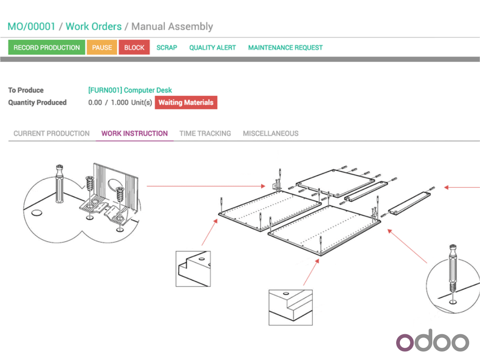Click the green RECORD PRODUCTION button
pos(47,47)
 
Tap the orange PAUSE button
pos(102,47)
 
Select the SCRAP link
pos(167,47)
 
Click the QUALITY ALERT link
pos(213,47)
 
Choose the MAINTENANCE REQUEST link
pos(285,47)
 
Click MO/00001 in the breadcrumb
pos(31,27)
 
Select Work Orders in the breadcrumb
pos(94,27)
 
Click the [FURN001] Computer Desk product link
pos(130,90)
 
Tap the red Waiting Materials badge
pos(186,103)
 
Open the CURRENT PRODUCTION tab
pos(52,133)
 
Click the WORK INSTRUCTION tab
pos(134,133)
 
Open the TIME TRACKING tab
pos(205,133)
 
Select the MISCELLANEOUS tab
pos(271,133)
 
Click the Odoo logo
pos(432,342)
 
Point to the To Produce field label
pos(26,90)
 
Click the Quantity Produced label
pos(37,103)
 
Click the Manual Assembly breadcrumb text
pos(172,27)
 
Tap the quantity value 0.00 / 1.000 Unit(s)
pos(120,103)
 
